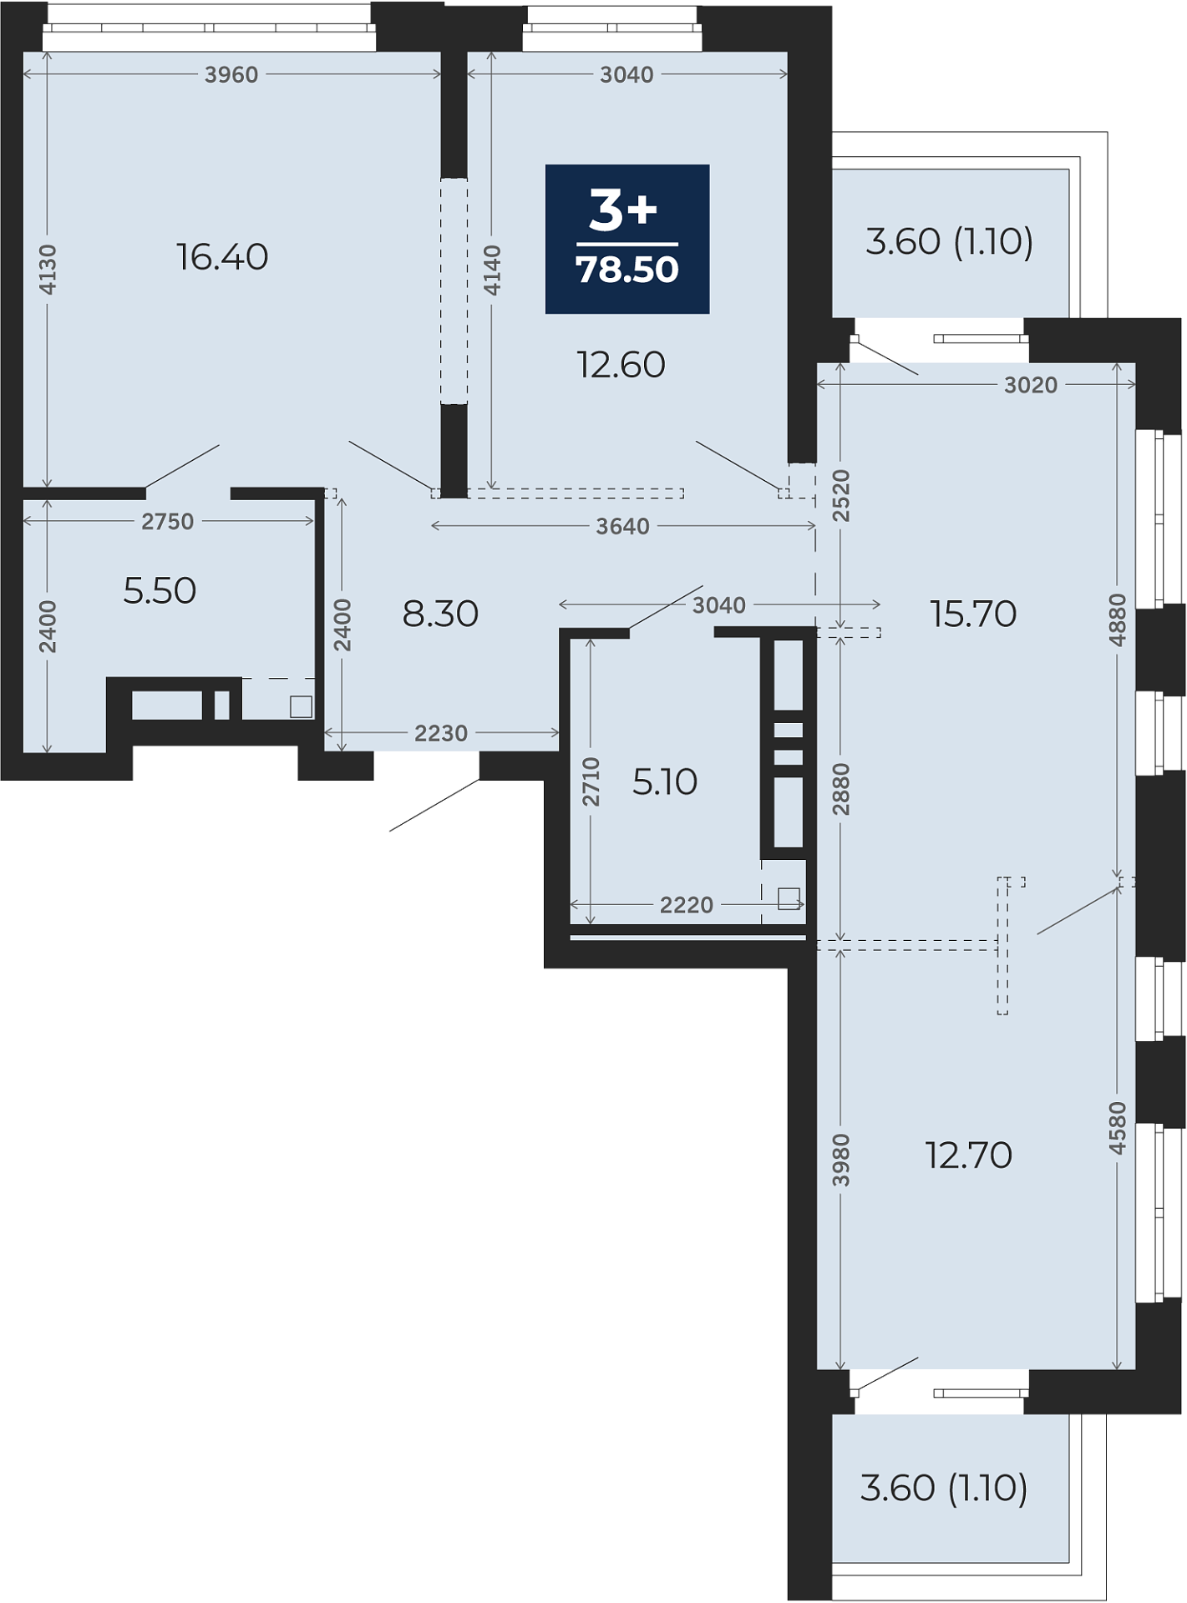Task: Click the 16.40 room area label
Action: coord(222,257)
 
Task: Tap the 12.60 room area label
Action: coord(621,365)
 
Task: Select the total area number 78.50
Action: coord(627,270)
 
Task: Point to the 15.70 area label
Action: coord(973,614)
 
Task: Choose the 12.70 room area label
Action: coord(969,1155)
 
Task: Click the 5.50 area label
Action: coord(160,591)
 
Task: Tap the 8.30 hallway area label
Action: coord(440,614)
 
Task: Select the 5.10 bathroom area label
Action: coord(665,782)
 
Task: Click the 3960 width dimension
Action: coord(231,75)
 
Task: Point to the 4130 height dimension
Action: coord(48,269)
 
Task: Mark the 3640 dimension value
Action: coord(622,527)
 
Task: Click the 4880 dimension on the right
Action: coord(1118,619)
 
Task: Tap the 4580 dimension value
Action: coord(1118,1128)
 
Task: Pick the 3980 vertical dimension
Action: coord(841,1160)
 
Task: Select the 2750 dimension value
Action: coord(167,522)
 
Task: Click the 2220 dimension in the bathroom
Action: coord(687,905)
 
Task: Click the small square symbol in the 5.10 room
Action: coord(789,898)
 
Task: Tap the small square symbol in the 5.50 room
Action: coord(301,706)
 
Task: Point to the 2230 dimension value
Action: coord(441,733)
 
